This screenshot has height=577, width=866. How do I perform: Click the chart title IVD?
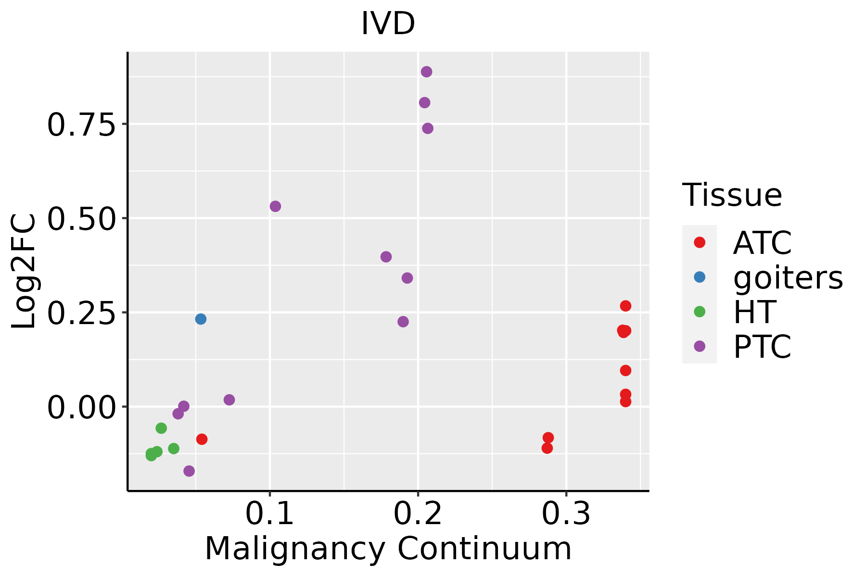click(388, 24)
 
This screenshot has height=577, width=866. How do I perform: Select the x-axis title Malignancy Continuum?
click(388, 549)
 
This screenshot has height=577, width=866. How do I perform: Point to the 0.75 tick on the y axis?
click(82, 125)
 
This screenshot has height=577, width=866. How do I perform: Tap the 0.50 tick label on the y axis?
click(82, 219)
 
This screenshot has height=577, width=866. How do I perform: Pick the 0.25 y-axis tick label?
click(82, 313)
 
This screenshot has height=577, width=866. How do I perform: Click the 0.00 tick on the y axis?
click(82, 407)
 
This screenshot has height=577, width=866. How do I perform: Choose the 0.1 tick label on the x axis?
click(270, 514)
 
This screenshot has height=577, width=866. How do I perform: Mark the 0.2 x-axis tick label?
click(418, 514)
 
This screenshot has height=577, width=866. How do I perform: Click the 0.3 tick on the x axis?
click(566, 514)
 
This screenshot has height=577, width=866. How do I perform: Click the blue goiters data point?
click(201, 319)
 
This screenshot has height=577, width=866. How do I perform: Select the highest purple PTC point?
click(426, 72)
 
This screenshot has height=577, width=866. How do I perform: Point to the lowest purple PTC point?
click(189, 471)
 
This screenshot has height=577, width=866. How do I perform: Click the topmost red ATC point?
click(625, 306)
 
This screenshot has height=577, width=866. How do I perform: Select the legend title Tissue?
click(732, 195)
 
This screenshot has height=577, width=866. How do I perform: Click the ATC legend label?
click(763, 243)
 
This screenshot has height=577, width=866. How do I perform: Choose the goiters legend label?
click(788, 277)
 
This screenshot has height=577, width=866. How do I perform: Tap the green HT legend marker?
click(700, 312)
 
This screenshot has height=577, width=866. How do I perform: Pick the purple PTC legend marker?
click(700, 346)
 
